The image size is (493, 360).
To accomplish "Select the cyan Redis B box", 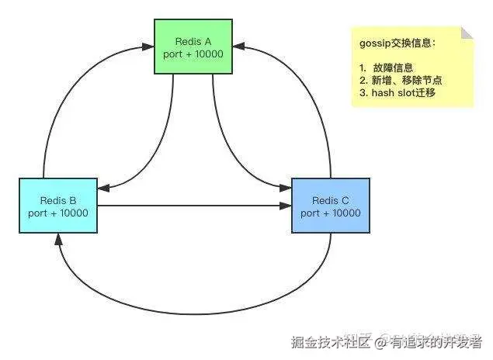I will click(x=58, y=205).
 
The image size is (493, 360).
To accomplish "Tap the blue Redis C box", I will click(x=330, y=205).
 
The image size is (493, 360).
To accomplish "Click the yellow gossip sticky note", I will click(x=411, y=66).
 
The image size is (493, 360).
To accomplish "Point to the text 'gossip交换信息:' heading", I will click(x=397, y=44).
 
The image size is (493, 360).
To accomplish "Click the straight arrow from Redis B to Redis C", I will click(x=194, y=206).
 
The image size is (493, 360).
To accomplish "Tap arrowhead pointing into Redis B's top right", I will click(x=103, y=188).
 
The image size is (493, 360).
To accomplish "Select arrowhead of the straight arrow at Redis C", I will click(x=286, y=206).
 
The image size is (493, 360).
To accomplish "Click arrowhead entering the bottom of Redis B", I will click(x=59, y=237).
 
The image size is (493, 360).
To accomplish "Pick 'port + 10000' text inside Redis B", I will click(x=58, y=213).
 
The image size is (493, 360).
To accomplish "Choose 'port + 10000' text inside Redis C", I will click(x=330, y=213).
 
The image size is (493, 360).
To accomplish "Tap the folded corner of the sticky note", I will click(x=467, y=33).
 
